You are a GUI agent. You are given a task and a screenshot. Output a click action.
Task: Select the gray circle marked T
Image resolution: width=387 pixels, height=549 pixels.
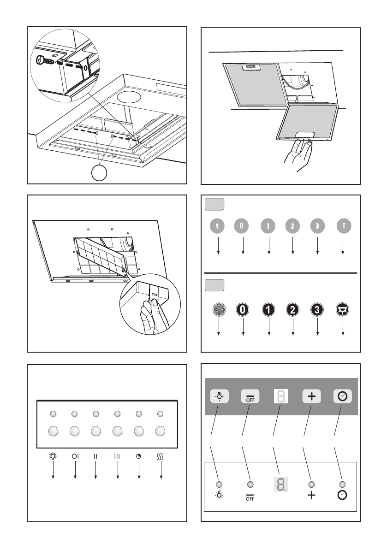click(343, 227)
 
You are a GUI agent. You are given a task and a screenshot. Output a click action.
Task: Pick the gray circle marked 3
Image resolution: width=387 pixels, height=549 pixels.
click(318, 227)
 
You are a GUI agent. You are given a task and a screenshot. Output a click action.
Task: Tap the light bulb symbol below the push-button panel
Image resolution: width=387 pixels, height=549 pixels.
click(53, 456)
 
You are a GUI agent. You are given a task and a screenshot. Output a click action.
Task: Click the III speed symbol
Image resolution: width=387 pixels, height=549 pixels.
click(117, 456)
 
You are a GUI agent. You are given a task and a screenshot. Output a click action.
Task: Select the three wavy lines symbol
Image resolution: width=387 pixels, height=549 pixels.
click(161, 456)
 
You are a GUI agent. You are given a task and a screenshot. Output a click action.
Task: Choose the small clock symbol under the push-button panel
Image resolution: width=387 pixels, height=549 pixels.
click(139, 456)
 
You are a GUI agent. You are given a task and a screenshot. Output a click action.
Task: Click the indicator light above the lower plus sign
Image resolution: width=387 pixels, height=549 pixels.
click(311, 484)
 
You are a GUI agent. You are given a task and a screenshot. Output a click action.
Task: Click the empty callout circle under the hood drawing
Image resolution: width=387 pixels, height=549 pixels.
click(101, 173)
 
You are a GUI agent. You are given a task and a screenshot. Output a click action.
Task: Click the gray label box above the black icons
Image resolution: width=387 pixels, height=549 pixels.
click(214, 285)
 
